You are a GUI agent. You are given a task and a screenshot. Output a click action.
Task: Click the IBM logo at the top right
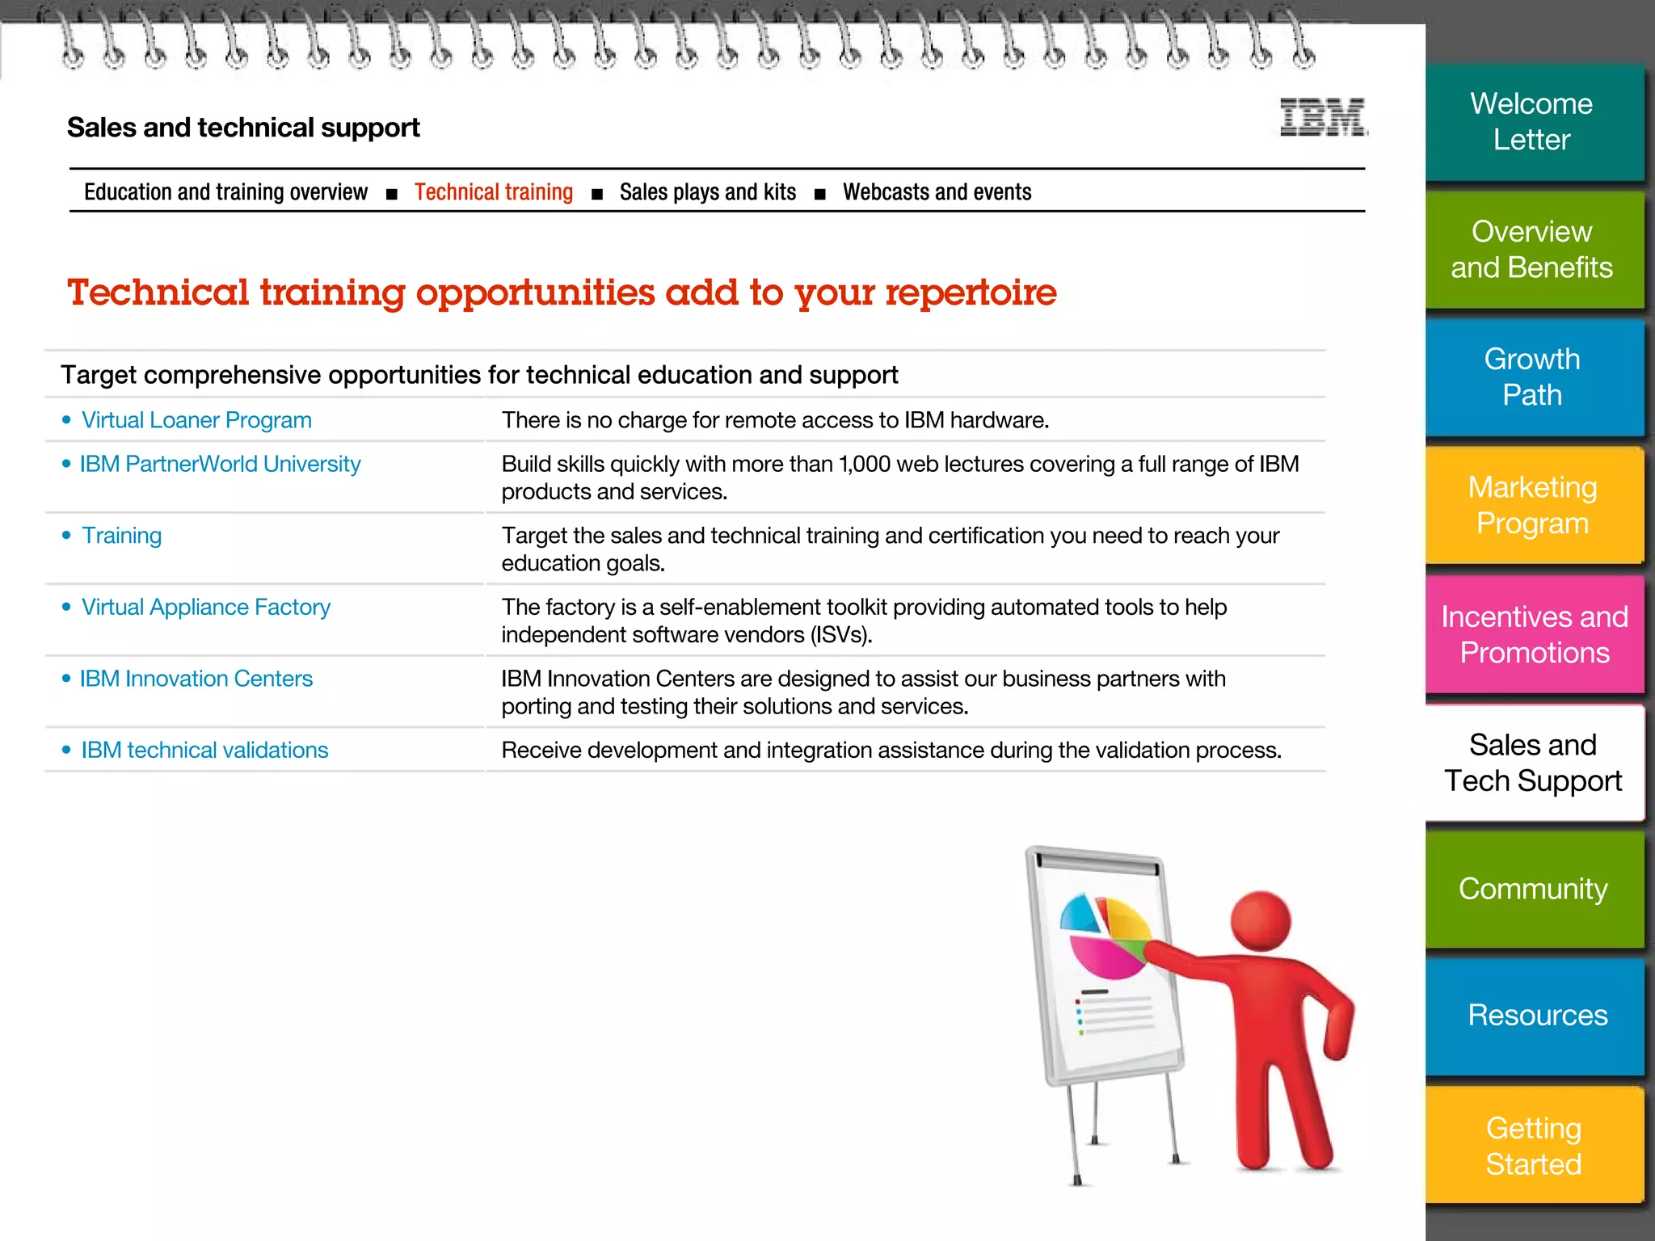(1323, 117)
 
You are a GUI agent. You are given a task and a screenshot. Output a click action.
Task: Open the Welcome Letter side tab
(1532, 122)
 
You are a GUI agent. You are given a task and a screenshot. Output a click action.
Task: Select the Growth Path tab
(1532, 377)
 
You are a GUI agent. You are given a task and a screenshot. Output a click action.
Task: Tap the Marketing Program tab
(1532, 506)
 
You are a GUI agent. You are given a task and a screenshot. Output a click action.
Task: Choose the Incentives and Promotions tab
(1534, 635)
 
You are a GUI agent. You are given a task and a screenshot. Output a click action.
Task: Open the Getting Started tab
(1533, 1146)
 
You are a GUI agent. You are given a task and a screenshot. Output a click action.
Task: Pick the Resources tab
(1536, 1016)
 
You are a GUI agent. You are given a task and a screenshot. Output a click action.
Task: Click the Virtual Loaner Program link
(196, 420)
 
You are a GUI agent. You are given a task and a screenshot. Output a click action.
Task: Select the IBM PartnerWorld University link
(220, 465)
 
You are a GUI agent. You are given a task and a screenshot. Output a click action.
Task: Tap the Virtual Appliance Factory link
(206, 608)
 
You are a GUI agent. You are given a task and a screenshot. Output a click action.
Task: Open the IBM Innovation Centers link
(196, 679)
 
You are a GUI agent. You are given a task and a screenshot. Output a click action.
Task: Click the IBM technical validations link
(204, 751)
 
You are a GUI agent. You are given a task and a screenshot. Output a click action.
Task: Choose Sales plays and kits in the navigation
(707, 192)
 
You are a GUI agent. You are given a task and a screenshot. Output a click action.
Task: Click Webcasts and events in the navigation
(937, 192)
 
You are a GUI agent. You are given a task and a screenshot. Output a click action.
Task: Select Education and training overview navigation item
(225, 192)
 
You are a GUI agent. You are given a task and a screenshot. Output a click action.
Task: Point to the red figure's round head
(1261, 921)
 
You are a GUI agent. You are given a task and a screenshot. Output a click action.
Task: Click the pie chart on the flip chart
(1105, 937)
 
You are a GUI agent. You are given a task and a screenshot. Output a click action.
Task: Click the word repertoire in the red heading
(971, 292)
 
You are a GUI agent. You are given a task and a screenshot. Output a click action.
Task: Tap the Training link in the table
(122, 536)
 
